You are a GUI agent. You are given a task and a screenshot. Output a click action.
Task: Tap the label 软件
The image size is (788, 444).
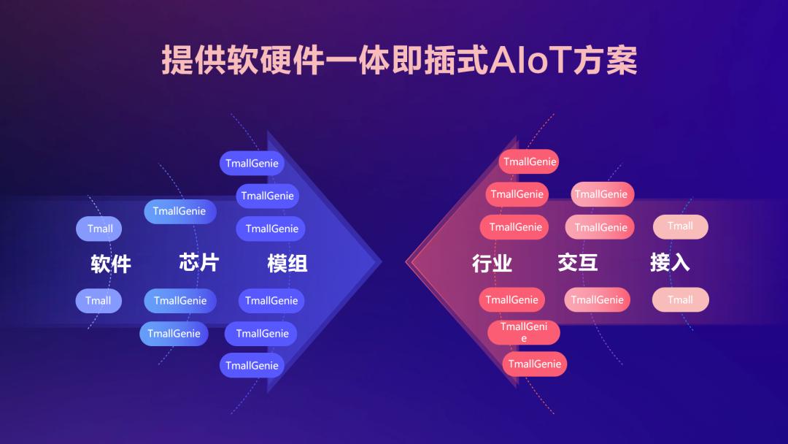coord(111,264)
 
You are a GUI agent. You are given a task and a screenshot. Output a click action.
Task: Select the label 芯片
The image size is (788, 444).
coord(199,262)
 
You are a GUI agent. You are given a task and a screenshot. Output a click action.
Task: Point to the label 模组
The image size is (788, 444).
coord(287,263)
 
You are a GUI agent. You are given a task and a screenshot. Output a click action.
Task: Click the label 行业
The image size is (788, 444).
coord(492,263)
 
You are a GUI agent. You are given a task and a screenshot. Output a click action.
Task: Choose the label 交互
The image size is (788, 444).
coord(578,262)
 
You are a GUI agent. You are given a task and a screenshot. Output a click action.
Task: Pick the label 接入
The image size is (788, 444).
coord(670,262)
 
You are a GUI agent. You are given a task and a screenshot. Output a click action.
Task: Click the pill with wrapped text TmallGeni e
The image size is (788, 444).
coord(524,332)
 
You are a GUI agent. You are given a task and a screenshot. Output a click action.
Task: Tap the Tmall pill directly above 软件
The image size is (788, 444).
coord(99,229)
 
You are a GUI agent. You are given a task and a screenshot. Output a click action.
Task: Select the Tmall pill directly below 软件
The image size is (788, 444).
coord(98,301)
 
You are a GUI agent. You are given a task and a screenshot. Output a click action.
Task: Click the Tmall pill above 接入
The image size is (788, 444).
coord(680,226)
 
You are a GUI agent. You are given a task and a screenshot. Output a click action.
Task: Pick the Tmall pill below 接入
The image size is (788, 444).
coord(680,299)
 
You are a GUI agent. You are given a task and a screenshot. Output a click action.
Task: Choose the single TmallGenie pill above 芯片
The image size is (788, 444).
coord(179,211)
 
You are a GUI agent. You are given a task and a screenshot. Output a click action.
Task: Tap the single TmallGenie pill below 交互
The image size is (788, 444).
coord(597,299)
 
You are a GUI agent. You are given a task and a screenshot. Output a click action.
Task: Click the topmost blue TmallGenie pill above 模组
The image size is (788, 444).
coord(252,164)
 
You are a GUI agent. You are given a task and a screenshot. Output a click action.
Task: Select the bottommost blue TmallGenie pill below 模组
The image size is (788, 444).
coord(252,365)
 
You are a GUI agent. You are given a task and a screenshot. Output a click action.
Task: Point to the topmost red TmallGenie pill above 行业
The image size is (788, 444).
coord(529,162)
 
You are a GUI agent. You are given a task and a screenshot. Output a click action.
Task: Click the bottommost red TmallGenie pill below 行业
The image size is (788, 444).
coord(534,364)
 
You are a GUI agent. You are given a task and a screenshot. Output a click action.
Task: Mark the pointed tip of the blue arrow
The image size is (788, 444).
coord(380,261)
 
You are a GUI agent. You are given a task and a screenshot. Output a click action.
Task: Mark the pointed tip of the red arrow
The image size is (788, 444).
coord(407,261)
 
